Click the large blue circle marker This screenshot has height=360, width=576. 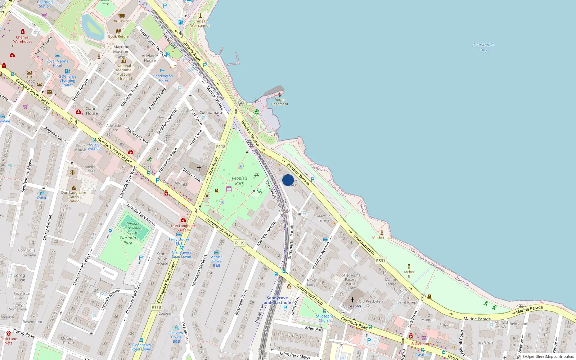[288, 180]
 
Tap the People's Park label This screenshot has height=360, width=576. [239, 181]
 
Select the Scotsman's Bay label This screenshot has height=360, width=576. [483, 48]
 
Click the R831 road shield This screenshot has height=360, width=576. [380, 261]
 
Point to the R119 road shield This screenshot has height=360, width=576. [240, 243]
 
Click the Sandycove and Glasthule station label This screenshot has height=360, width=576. [277, 300]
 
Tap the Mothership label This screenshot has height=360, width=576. [382, 238]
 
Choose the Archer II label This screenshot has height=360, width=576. [409, 274]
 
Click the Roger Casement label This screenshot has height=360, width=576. [280, 102]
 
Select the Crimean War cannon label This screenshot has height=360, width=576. [201, 23]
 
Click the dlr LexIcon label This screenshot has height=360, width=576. [122, 21]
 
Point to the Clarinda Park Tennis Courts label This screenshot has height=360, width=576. [132, 228]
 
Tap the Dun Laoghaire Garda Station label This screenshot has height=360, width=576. [73, 197]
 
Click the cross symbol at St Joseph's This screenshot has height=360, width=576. [352, 300]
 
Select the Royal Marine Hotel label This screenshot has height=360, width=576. [57, 63]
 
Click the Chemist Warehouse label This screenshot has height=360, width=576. [23, 39]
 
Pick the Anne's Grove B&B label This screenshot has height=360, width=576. [216, 261]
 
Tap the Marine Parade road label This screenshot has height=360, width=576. [477, 319]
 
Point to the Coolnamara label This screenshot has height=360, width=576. [211, 113]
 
